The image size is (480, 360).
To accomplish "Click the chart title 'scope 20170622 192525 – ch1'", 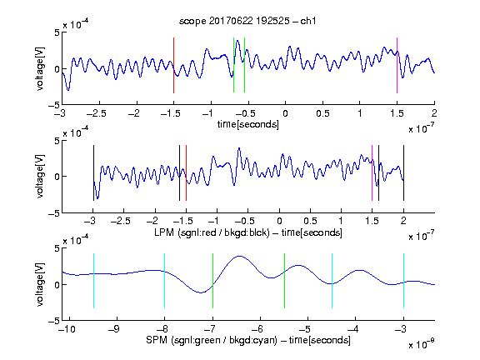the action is point(247,21).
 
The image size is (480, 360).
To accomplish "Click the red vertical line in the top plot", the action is point(173,65).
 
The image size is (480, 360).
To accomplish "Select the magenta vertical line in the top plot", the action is point(397,65).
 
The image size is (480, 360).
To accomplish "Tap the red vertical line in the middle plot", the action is point(186,173).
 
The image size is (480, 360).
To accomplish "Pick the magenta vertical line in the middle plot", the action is point(372,173).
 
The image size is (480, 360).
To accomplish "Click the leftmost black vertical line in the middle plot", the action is point(93,173).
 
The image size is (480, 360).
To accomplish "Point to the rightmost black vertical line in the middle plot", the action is point(403,173).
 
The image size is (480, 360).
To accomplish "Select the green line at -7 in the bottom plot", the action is point(212,281).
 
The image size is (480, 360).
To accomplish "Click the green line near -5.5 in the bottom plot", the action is point(284,281).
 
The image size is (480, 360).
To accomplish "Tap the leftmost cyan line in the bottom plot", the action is point(93,281).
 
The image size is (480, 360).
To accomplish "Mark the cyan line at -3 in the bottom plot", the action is point(403,281).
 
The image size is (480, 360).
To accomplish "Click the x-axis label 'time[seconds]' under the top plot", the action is point(248,124).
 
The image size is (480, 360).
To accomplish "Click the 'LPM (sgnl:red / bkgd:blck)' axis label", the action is point(212,232).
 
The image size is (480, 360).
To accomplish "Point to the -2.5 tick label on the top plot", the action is point(97,113).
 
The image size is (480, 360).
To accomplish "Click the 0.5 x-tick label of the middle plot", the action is point(310,221).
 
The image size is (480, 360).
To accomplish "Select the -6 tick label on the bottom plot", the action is point(260,329).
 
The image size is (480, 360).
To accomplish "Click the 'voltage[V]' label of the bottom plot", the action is point(40,284).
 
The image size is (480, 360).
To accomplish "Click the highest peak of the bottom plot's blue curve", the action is point(239,256).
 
